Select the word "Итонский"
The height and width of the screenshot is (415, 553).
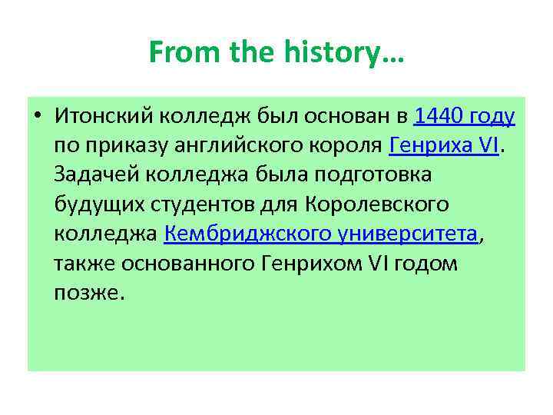(102, 116)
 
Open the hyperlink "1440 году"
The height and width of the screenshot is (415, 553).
(464, 116)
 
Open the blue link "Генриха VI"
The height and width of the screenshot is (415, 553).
(445, 145)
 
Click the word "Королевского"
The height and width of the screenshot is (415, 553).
(377, 204)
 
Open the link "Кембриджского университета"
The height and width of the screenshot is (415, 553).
(321, 234)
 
